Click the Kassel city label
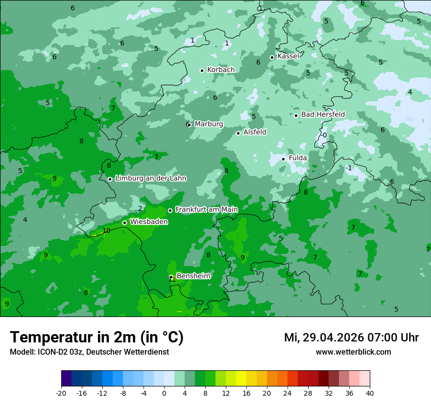288,56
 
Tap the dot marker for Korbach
202,70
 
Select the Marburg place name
209,124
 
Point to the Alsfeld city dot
239,133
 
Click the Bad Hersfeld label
323,114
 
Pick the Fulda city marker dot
283,159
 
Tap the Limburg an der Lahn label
150,179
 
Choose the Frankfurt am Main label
206,209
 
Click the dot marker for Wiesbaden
125,223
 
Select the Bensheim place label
193,276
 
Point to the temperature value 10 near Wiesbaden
106,231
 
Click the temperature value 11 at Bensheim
172,279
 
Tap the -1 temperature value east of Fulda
348,168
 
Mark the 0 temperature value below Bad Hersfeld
324,135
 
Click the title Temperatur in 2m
96,337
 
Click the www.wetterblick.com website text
353,352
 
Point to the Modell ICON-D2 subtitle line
89,352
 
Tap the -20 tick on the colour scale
61,393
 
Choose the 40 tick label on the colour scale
370,393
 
